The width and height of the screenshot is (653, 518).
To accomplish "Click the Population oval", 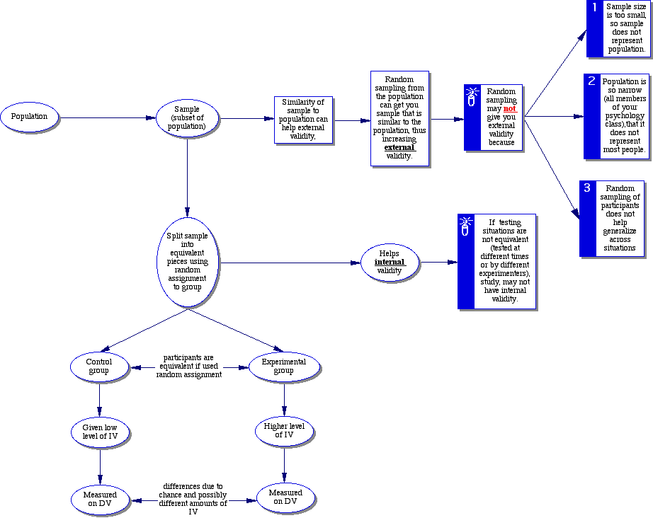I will pos(29,117).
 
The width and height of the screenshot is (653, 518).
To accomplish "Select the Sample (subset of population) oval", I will pos(187,118).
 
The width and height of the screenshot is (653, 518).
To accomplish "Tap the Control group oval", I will pos(99,367).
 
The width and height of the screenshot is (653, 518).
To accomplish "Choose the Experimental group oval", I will pos(283,367).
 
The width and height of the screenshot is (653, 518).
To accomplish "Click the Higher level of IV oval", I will pos(283,430).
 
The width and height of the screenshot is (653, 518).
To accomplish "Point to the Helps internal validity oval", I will pos(389,262).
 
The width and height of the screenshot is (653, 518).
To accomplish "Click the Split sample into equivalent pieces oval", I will pos(187,263).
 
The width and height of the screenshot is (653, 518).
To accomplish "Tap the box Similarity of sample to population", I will pos(303,120).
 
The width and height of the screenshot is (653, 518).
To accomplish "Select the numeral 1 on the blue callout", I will pos(595,8).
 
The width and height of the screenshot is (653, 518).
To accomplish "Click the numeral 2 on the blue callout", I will pos(591,81).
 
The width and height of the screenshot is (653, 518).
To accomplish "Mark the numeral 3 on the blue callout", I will pos(587,188).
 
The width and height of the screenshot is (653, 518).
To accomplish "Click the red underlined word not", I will pos(510,109).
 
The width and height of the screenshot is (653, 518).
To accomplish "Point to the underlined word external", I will pos(399,147).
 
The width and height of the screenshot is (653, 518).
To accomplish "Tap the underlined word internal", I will pos(390,262).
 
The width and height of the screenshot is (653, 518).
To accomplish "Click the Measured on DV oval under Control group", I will pos(100,500).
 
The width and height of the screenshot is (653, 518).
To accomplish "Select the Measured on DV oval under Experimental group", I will pos(285,497).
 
